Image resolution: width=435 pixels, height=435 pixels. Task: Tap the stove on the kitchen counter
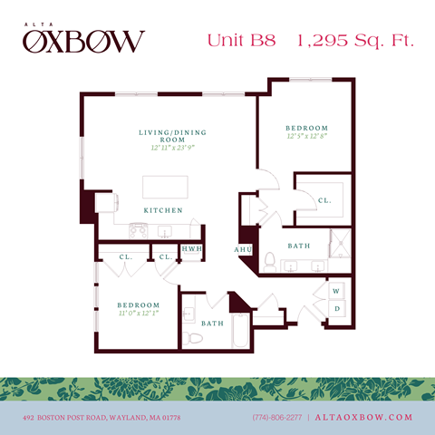click(x=139, y=231)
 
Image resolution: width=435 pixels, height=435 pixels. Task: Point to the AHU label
click(x=242, y=249)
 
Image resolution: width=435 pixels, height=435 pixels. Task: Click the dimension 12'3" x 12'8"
click(x=307, y=137)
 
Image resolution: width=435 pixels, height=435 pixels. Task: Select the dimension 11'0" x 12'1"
click(x=139, y=314)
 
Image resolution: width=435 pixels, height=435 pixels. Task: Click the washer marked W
click(x=337, y=291)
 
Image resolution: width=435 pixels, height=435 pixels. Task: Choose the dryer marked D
click(x=337, y=309)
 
